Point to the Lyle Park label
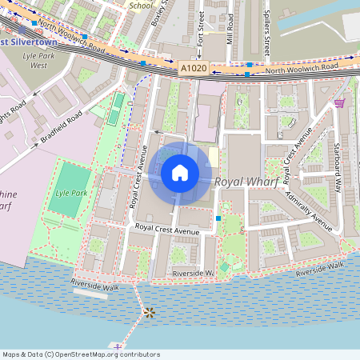click(x=71, y=193)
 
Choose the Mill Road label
click(x=230, y=28)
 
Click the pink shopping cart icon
click(x=340, y=103)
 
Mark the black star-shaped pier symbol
click(x=148, y=312)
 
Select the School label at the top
click(x=140, y=4)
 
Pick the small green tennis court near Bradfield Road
click(x=118, y=109)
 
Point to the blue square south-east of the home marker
click(x=218, y=218)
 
